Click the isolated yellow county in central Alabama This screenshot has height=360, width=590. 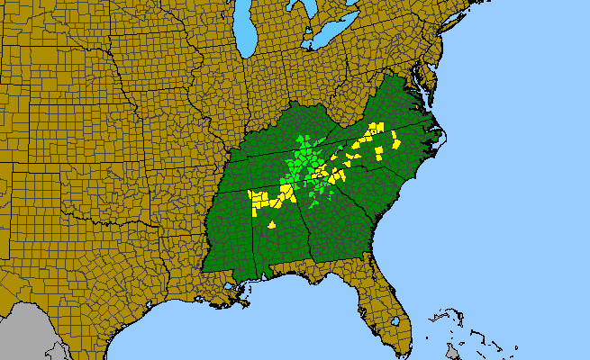click(272, 225)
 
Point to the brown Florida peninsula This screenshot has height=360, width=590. click(383, 301)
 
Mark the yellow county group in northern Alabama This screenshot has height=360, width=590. click(266, 199)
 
